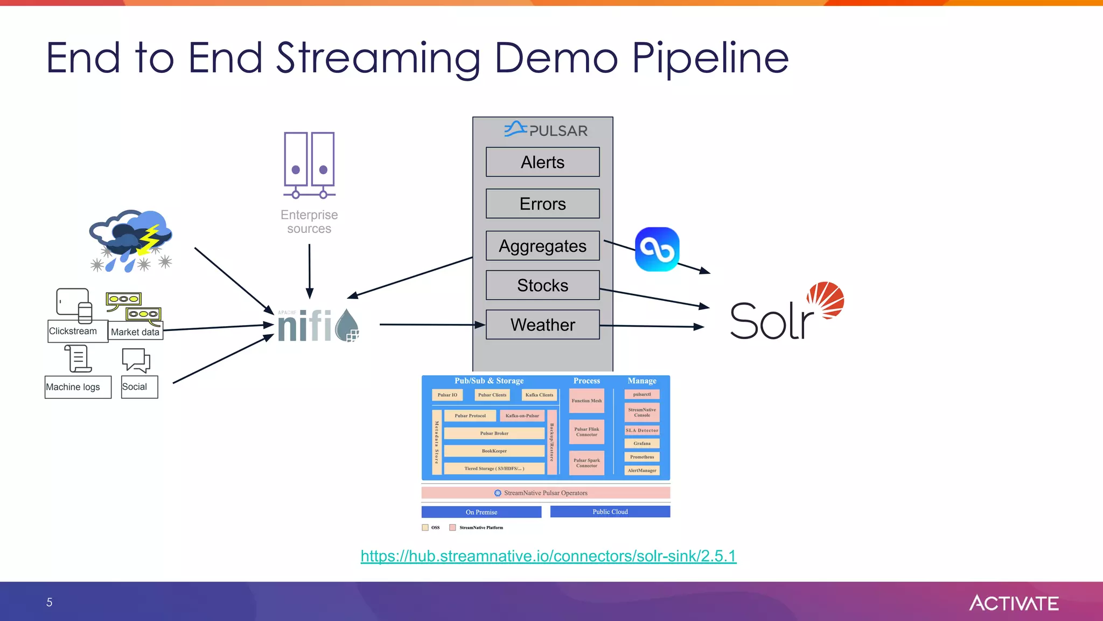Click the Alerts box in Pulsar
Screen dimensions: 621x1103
pos(542,162)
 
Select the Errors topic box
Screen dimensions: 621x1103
pos(542,204)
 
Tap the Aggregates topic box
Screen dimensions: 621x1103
pos(542,246)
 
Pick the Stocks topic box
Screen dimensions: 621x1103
pos(542,285)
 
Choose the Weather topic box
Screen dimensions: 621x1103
pos(542,325)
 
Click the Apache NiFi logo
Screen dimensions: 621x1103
pos(318,325)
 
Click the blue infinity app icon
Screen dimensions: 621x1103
pos(657,249)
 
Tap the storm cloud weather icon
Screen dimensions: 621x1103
pos(131,240)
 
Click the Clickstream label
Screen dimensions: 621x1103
pos(73,331)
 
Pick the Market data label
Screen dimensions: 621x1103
pos(135,332)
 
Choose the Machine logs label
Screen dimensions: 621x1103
pos(73,387)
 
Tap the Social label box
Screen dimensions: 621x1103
pos(135,387)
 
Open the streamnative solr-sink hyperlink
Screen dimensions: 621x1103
pos(548,556)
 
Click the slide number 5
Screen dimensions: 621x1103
pos(50,602)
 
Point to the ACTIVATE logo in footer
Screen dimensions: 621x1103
pos(1014,603)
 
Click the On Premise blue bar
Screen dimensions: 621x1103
pos(481,512)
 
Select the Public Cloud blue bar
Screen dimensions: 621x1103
pos(610,512)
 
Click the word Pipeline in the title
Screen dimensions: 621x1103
pos(710,58)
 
